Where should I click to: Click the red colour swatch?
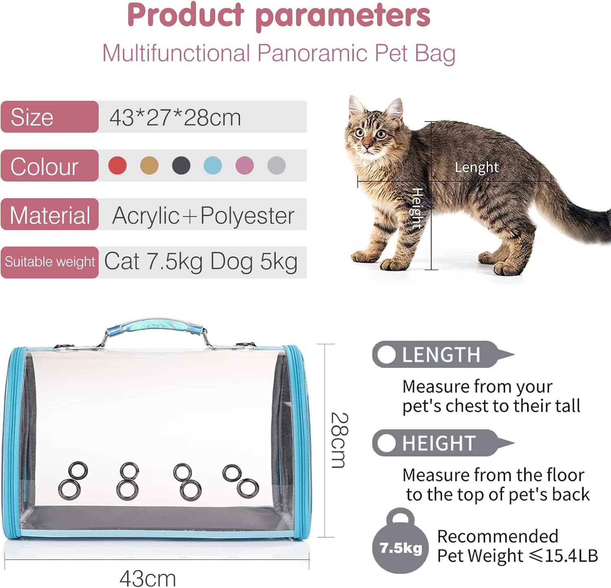(x=117, y=166)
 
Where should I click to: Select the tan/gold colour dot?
(x=149, y=166)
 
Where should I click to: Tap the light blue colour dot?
(x=213, y=166)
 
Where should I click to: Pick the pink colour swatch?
(x=244, y=166)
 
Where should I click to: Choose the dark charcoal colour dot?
(x=181, y=166)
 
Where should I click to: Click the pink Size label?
(x=50, y=117)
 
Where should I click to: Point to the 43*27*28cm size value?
(x=175, y=117)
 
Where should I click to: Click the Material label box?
(x=50, y=214)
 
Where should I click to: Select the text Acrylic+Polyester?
(x=203, y=216)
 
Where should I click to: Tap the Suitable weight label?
(x=50, y=262)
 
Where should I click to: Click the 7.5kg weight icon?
(x=400, y=541)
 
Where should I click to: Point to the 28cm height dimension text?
(x=339, y=441)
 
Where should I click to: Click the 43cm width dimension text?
(x=147, y=579)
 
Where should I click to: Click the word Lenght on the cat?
(x=477, y=167)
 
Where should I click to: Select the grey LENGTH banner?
(x=442, y=354)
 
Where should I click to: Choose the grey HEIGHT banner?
(x=442, y=443)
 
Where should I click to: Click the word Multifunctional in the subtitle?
(x=176, y=53)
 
